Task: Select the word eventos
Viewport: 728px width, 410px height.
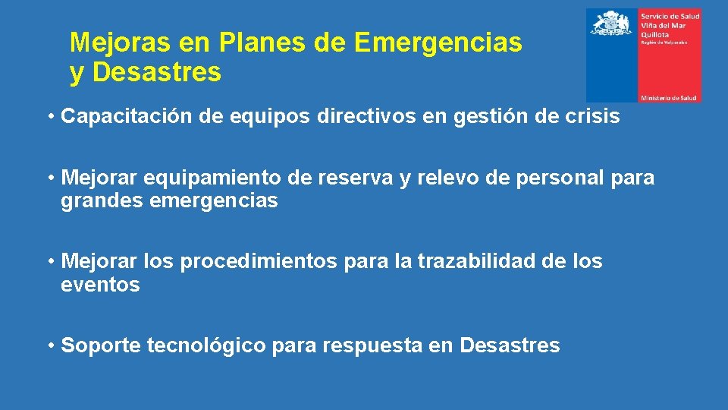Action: pyautogui.click(x=100, y=285)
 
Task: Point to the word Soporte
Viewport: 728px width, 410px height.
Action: pyautogui.click(x=101, y=346)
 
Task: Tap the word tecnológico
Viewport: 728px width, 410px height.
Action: pyautogui.click(x=206, y=346)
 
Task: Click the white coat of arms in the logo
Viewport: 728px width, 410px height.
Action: pyautogui.click(x=612, y=24)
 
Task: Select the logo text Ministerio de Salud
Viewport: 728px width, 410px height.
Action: pyautogui.click(x=669, y=98)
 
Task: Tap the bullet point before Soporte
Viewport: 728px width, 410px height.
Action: pyautogui.click(x=49, y=346)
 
